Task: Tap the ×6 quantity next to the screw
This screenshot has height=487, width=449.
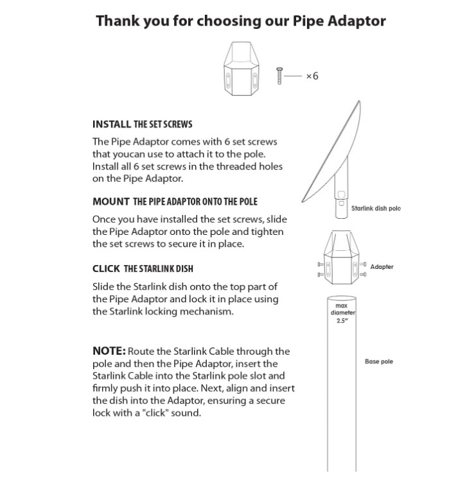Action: pos(312,76)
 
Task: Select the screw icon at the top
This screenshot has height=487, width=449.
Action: pos(279,76)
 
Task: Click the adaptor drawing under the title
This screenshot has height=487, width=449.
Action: pos(243,70)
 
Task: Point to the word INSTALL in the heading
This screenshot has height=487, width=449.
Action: pos(112,124)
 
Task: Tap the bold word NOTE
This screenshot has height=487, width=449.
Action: pos(109,352)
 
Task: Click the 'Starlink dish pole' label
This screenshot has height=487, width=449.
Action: pos(376,209)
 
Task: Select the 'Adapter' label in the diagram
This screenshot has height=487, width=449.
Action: pos(382,267)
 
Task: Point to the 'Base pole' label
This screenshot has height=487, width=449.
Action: pos(378,362)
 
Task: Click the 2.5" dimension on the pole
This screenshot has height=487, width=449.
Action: pos(342,321)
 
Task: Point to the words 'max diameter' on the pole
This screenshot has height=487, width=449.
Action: pos(342,309)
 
